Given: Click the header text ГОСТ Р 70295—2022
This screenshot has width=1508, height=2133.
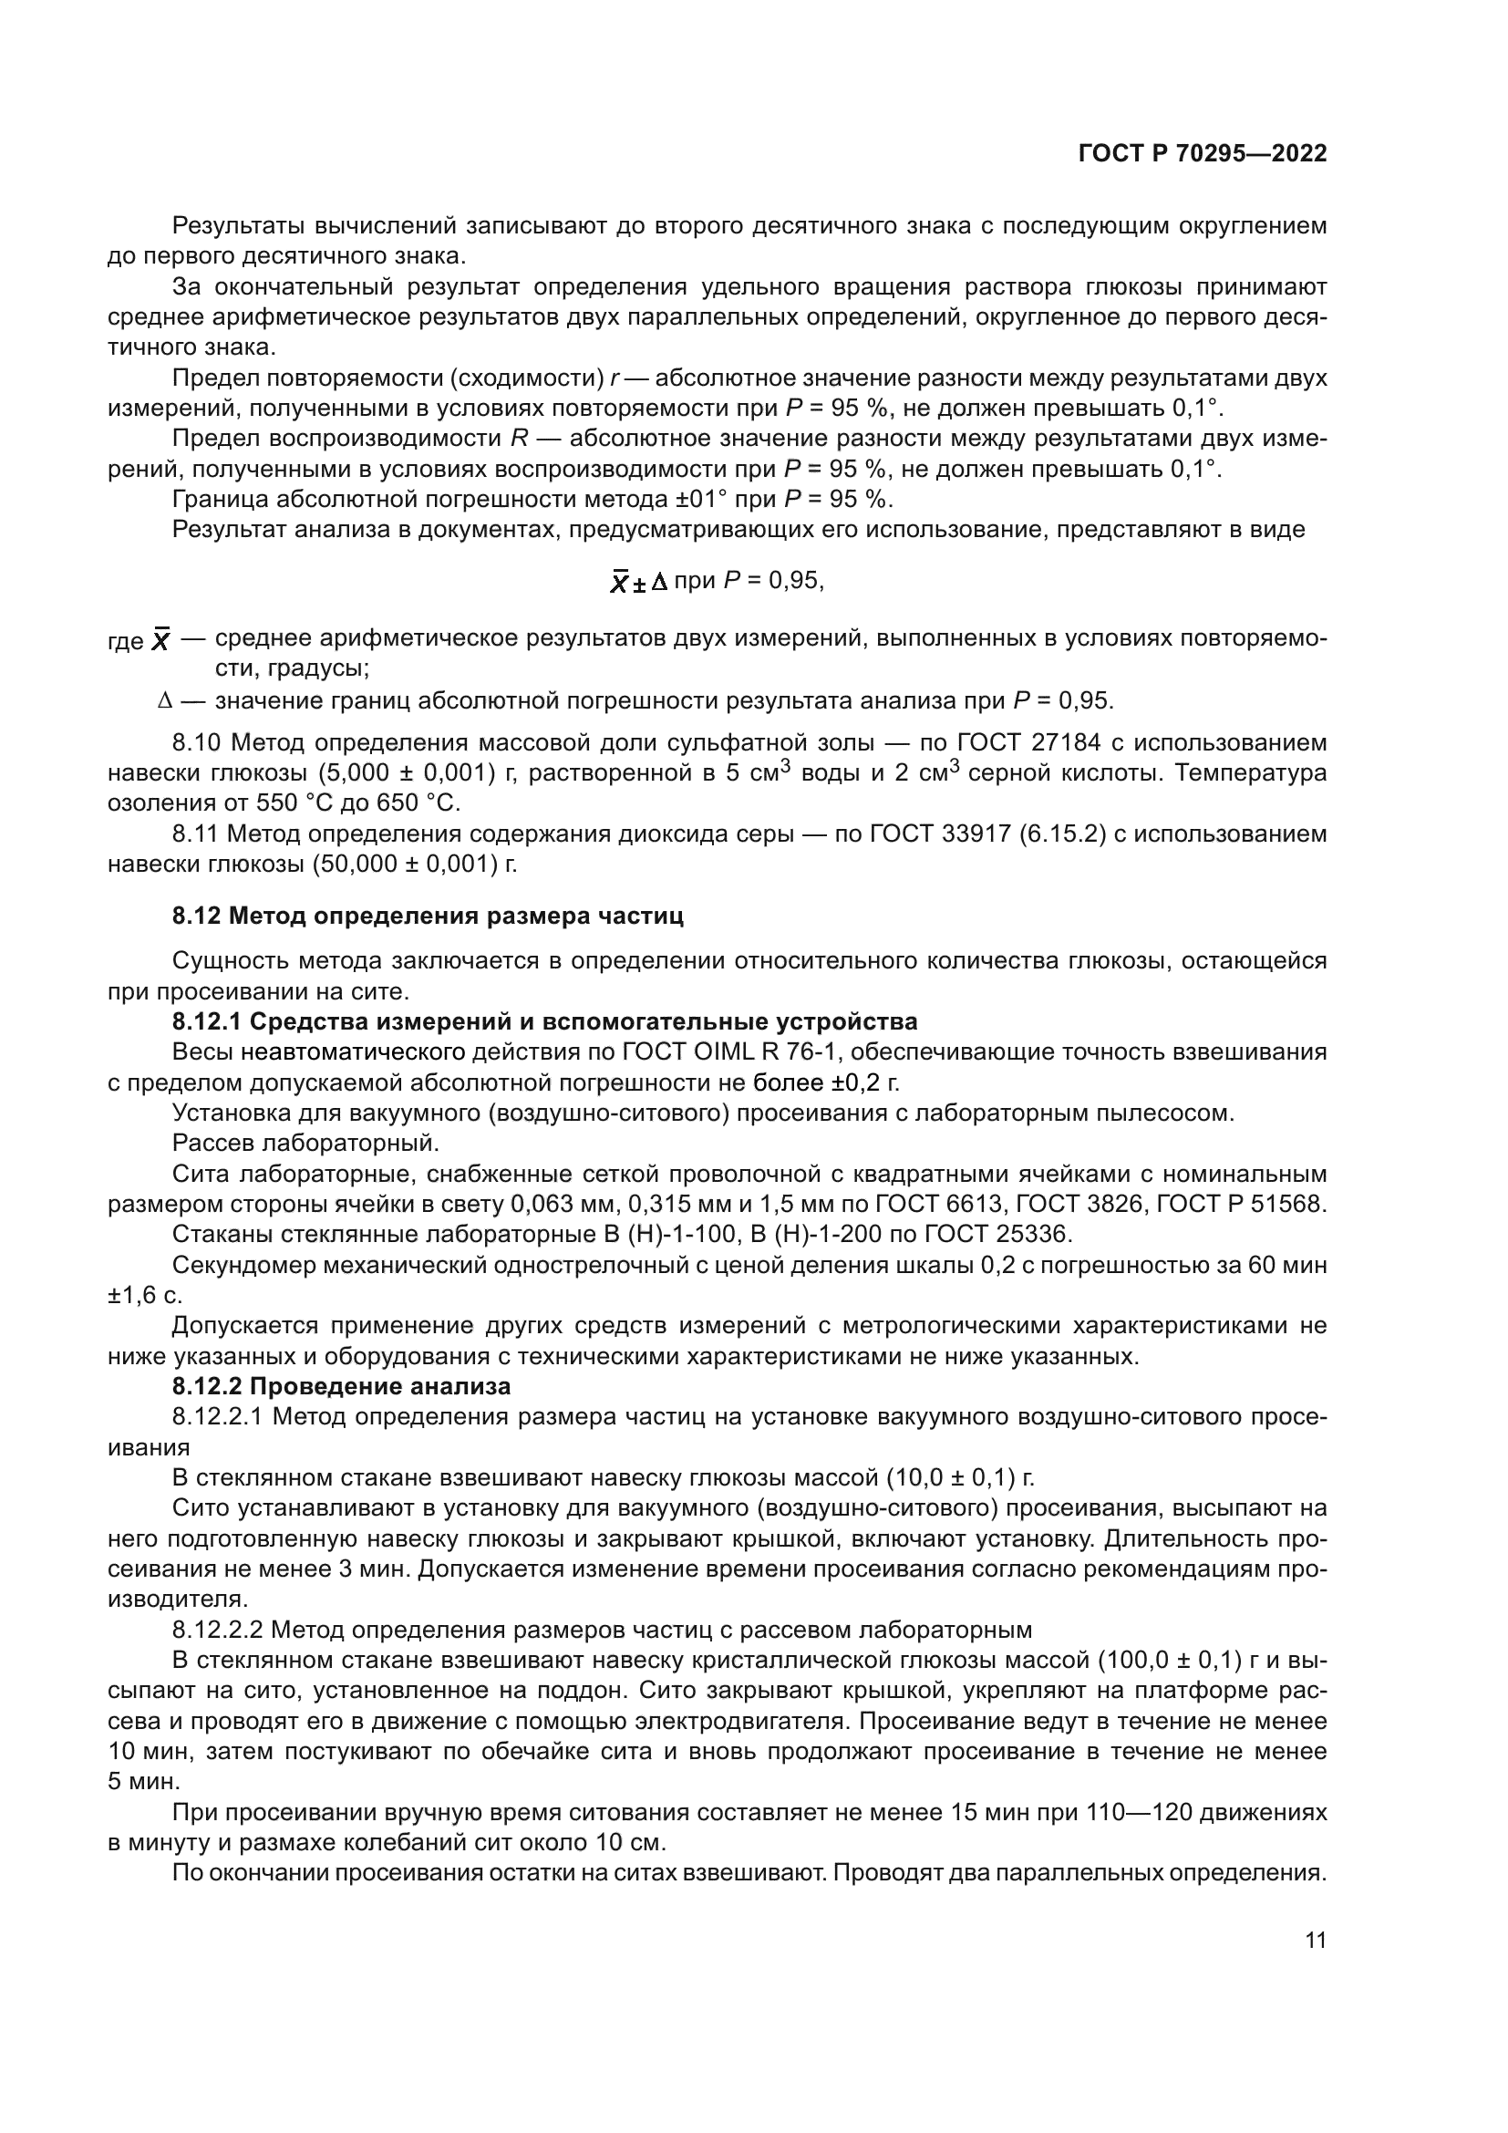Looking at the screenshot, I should (1202, 154).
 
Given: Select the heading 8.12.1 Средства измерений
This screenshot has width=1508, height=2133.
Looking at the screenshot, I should (544, 1022).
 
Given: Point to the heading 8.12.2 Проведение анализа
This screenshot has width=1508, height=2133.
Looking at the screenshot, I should (341, 1387).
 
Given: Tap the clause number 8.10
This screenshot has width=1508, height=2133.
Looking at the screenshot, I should (197, 742).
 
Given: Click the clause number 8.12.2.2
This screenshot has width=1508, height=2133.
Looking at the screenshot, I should (218, 1631).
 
